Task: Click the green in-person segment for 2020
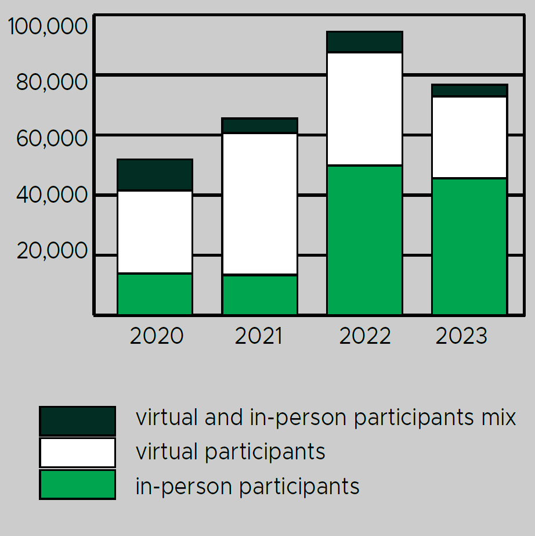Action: tap(155, 294)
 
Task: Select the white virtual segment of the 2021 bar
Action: tap(260, 203)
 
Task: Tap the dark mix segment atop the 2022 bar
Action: tap(365, 42)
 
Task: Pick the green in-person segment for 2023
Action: tap(469, 246)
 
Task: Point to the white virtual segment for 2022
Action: tap(365, 109)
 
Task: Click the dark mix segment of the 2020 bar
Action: tap(155, 174)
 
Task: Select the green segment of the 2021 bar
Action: tap(260, 294)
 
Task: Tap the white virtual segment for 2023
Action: tap(469, 137)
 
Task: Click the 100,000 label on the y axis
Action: tap(48, 27)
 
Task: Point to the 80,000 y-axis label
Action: tap(52, 82)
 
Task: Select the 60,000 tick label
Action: tap(52, 139)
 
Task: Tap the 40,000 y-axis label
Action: tap(52, 195)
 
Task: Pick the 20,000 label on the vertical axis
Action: tap(52, 251)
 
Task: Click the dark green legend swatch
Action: tap(77, 420)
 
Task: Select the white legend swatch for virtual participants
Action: tap(77, 452)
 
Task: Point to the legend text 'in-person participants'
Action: tap(247, 486)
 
